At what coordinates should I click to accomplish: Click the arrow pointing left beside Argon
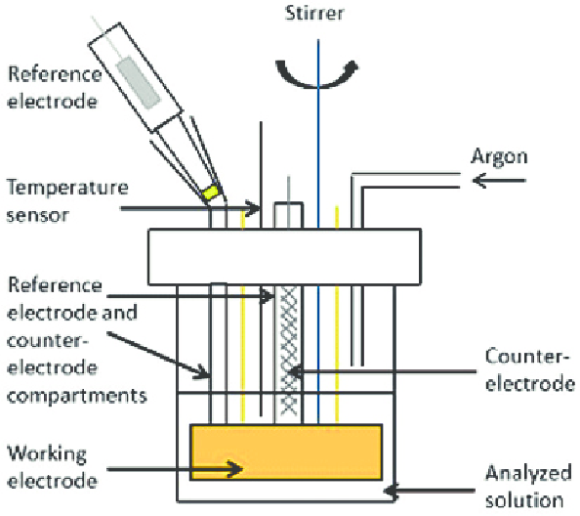point(498,181)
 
